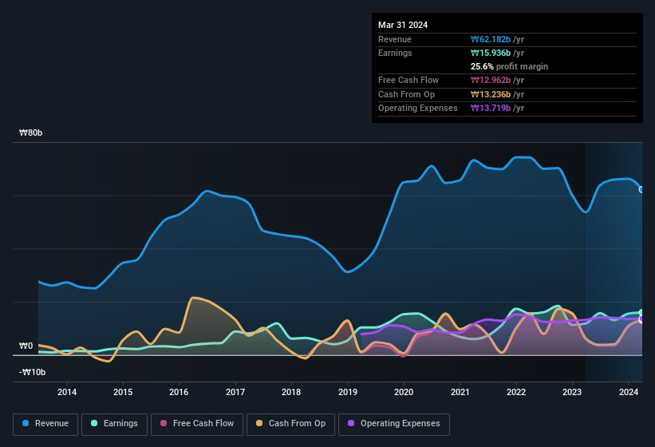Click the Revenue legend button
click(x=46, y=424)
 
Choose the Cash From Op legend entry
click(x=291, y=424)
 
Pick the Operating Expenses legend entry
click(x=394, y=424)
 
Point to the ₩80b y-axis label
click(x=31, y=133)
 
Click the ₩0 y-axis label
click(x=26, y=346)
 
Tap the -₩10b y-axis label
click(x=33, y=372)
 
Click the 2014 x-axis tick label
click(x=67, y=392)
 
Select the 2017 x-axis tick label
click(x=235, y=392)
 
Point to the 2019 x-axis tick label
click(x=348, y=392)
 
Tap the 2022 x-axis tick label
click(x=516, y=392)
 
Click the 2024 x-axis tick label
click(x=629, y=392)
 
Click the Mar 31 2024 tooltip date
click(x=403, y=25)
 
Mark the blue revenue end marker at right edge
click(x=641, y=189)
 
